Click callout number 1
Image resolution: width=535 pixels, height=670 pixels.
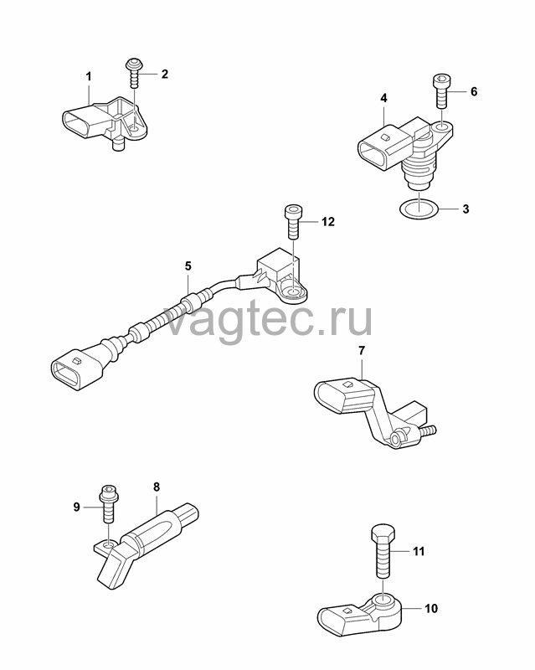pyautogui.click(x=89, y=77)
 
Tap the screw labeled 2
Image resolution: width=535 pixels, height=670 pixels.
pyautogui.click(x=134, y=74)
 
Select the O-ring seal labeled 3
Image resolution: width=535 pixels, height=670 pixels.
pyautogui.click(x=419, y=209)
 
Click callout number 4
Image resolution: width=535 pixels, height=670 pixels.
pyautogui.click(x=383, y=98)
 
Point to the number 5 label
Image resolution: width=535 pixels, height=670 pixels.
pyautogui.click(x=188, y=266)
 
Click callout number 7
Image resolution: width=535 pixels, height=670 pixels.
pyautogui.click(x=362, y=351)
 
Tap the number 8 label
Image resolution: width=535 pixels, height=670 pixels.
pyautogui.click(x=157, y=487)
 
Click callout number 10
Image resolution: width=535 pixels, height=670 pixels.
pyautogui.click(x=431, y=608)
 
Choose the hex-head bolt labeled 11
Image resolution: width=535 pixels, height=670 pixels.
pyautogui.click(x=383, y=551)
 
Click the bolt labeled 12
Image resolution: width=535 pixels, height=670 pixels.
pyautogui.click(x=293, y=222)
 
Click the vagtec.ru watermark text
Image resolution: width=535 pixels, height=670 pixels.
pyautogui.click(x=269, y=318)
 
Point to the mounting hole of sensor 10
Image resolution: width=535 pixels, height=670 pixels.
pyautogui.click(x=383, y=602)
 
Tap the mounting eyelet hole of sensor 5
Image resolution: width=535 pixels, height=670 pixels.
pyautogui.click(x=293, y=291)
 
